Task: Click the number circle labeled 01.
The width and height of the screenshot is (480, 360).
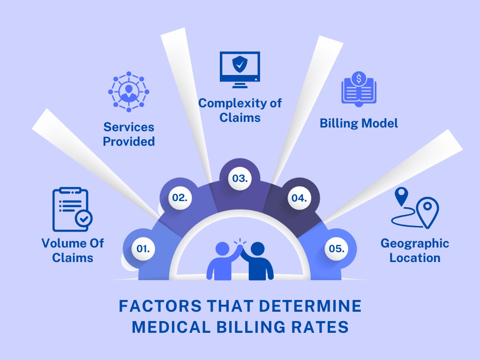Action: (143, 249)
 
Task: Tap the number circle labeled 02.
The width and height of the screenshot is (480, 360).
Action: (180, 198)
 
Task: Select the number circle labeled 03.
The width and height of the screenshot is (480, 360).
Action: (240, 179)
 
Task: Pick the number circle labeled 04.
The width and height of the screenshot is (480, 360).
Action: (299, 198)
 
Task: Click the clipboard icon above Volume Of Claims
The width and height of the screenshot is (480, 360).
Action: (72, 210)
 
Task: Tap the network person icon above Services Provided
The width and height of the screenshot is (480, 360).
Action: (128, 92)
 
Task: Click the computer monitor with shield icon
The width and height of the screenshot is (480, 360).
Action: (240, 69)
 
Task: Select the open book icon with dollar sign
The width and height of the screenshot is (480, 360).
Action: (359, 88)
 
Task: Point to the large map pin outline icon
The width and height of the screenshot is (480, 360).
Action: (427, 210)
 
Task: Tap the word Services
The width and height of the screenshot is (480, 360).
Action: (129, 127)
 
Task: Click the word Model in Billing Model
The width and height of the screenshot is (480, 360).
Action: (380, 123)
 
